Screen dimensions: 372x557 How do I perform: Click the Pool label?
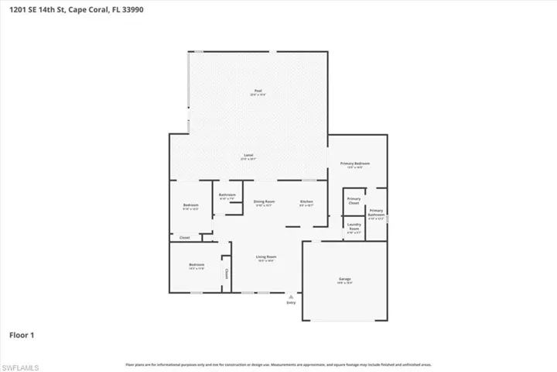pos(259,91)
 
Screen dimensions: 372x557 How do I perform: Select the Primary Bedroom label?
pos(355,164)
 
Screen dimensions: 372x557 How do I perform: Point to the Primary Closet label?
pos(354,201)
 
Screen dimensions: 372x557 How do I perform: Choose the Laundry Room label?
pos(354,227)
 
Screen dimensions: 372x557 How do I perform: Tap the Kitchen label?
pos(306,201)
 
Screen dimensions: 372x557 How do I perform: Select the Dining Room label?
pos(265,201)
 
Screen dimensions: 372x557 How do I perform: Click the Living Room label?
pos(266,257)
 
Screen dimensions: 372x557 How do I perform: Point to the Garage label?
pos(344,279)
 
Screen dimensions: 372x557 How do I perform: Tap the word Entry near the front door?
pos(291,302)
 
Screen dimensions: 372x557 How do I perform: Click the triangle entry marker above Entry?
pos(291,295)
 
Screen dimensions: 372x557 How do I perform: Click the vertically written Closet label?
pos(227,274)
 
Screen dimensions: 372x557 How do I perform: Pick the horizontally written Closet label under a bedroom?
pos(184,237)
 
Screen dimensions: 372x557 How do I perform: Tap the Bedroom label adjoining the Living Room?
pos(196,265)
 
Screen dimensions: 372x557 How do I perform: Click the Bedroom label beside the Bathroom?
pos(190,205)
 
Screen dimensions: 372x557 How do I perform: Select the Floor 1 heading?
pos(22,336)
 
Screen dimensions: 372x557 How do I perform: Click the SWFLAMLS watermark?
pos(22,364)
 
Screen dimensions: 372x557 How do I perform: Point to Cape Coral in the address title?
pos(84,10)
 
